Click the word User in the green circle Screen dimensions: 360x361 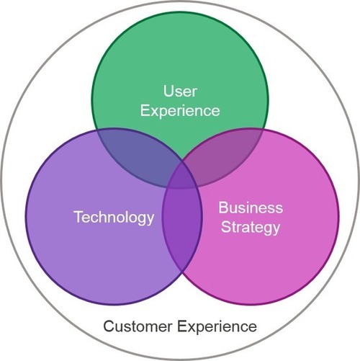coord(180,92)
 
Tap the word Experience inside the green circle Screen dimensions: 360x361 coord(180,111)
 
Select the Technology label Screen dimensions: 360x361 coord(114,218)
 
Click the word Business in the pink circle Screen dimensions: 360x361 coord(251,208)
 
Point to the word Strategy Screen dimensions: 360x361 coord(251,228)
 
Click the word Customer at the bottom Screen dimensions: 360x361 coord(138,326)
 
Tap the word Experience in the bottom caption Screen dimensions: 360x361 coord(217,327)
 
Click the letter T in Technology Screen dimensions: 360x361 coord(78,216)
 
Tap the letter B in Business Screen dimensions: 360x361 coord(223,208)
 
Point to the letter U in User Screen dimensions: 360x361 coord(168,92)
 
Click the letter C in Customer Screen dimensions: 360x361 coord(109,326)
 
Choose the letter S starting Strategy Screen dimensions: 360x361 coord(225,226)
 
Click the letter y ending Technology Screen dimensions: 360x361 coord(150,220)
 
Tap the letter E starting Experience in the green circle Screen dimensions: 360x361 coord(145,110)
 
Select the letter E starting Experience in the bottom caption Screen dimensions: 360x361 coord(182,326)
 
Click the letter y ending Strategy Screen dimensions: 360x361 coord(276,230)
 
